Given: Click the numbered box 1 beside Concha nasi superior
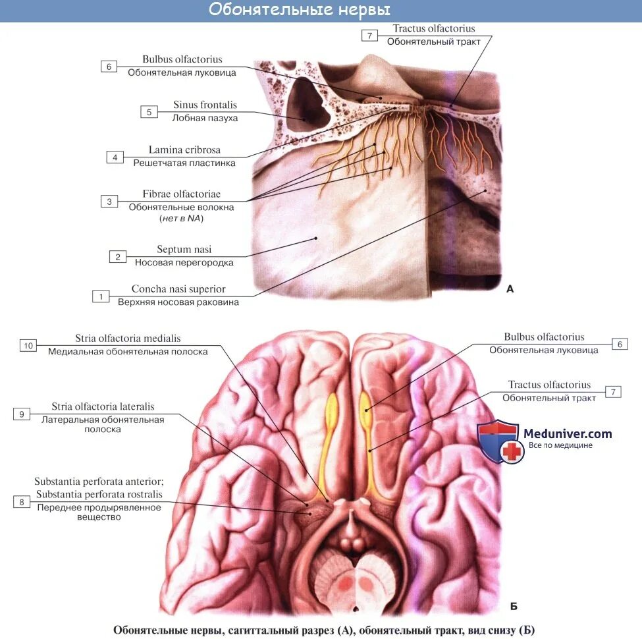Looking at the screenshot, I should [x=101, y=296].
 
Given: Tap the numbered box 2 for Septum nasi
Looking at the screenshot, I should [x=118, y=257].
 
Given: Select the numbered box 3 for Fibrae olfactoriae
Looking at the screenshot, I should [x=109, y=202].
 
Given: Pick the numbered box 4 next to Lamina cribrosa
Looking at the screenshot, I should [x=115, y=157].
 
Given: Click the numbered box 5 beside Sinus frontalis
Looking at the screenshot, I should [x=149, y=112].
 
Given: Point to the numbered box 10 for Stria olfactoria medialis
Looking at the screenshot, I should [x=28, y=345].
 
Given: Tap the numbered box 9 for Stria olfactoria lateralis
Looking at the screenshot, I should [x=22, y=414].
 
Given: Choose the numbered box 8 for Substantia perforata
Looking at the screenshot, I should [x=22, y=502].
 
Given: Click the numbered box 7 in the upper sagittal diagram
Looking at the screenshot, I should [x=370, y=36].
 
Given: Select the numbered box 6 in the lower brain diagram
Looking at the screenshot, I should [x=620, y=344].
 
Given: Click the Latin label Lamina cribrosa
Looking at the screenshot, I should [x=184, y=150].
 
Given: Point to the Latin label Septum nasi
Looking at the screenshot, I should [x=184, y=250].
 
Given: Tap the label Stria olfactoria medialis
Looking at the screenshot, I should [x=128, y=339].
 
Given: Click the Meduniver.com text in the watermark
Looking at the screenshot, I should [x=567, y=433].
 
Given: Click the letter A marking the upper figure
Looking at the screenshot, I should [x=510, y=289].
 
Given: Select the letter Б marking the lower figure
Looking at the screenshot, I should [x=514, y=606].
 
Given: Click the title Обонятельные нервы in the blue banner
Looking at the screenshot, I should [x=300, y=10].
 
